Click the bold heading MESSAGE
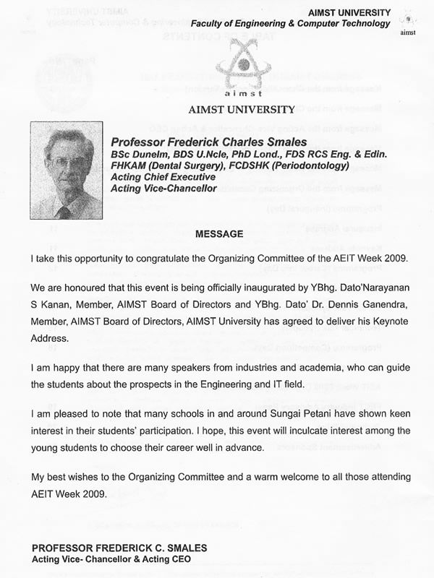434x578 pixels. (220, 234)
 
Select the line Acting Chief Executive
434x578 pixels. (163, 177)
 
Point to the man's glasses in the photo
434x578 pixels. (67, 163)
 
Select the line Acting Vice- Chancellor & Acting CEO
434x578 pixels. (109, 560)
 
